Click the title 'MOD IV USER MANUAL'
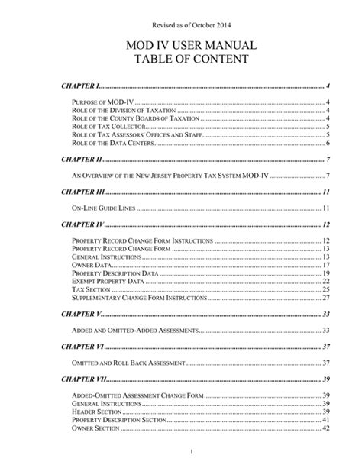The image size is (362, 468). (x=181, y=47)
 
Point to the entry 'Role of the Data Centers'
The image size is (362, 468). (x=115, y=142)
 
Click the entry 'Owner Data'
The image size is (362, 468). (x=91, y=265)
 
